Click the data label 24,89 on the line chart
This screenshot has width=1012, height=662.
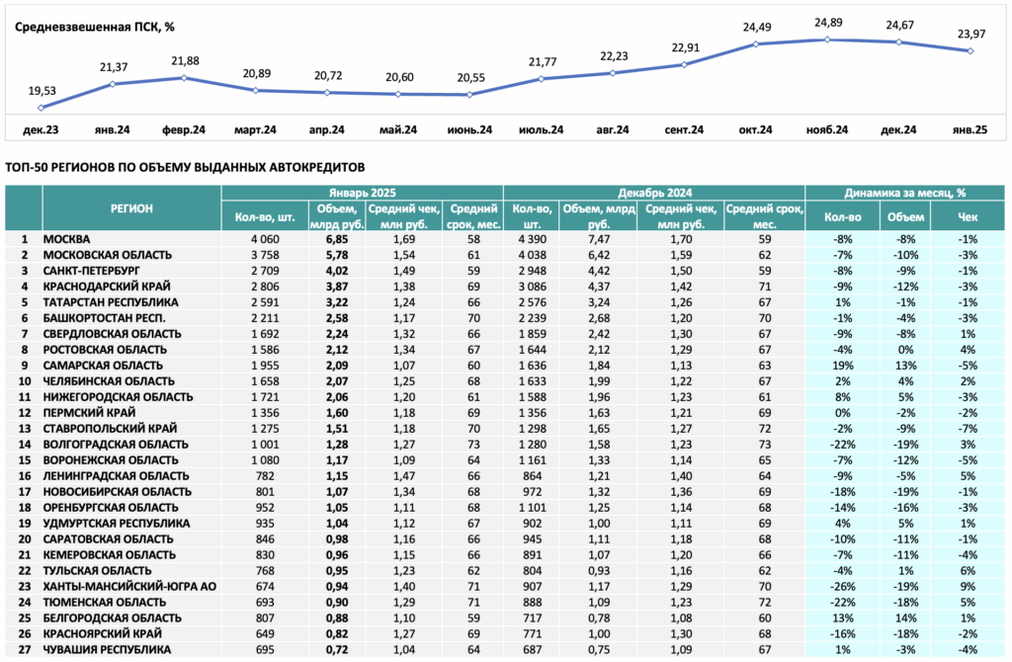coord(828,23)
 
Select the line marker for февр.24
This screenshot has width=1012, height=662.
coord(185,77)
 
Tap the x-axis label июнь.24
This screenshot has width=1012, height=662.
coord(469,129)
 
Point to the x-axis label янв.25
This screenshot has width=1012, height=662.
coord(970,129)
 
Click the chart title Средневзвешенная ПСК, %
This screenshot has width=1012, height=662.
coord(94,27)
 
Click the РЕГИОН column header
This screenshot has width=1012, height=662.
coord(131,208)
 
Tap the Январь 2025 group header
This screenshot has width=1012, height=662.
coord(362,193)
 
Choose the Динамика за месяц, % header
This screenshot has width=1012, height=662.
coord(905,193)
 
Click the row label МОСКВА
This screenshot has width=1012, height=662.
coord(66,239)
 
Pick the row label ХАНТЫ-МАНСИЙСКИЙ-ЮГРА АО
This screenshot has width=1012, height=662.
coord(129,587)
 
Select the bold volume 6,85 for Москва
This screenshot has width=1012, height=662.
coord(337,239)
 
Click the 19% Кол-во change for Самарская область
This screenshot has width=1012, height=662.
coord(842,366)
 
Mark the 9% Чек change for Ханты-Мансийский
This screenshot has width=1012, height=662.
coord(969,587)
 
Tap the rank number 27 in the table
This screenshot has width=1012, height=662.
coord(24,650)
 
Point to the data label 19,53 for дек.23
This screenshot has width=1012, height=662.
coord(42,91)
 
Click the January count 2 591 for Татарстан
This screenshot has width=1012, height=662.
coord(265,302)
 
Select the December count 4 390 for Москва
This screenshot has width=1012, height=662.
coord(532,239)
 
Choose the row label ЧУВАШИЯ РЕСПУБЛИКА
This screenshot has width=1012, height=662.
coord(107,650)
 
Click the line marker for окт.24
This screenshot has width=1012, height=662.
coord(756,43)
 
